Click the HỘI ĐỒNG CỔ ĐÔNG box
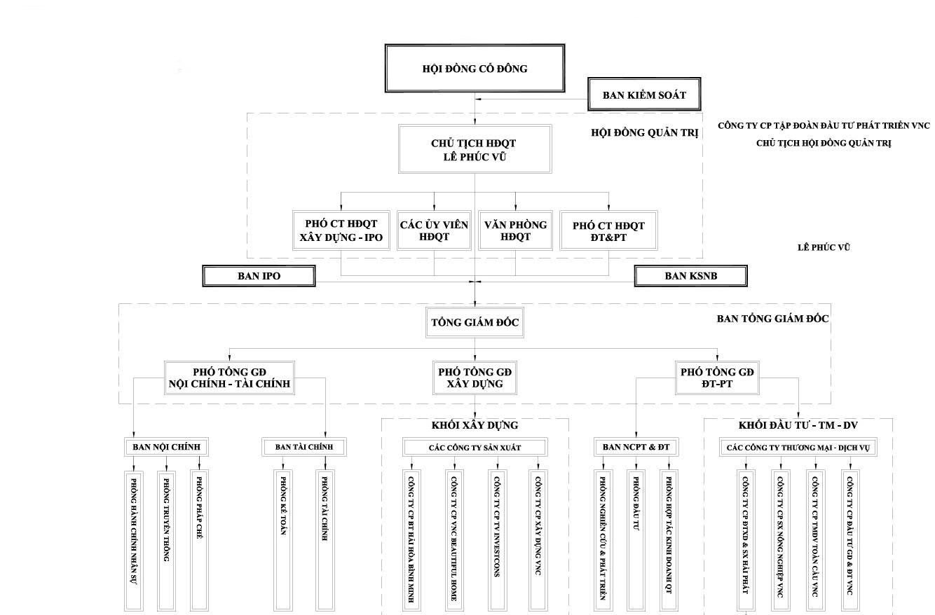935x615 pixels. [475, 69]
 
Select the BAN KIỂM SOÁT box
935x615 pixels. [644, 95]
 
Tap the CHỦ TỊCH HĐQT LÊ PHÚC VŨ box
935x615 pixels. [475, 149]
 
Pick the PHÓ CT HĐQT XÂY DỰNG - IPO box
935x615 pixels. [341, 230]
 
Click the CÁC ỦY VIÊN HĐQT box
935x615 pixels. [434, 230]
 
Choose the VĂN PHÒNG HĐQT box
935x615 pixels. [515, 230]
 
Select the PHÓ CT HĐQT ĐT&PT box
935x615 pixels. [608, 230]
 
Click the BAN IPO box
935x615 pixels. [259, 276]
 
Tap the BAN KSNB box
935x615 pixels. [690, 276]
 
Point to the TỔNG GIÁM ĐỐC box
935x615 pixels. [475, 323]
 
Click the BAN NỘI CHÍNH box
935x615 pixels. [167, 447]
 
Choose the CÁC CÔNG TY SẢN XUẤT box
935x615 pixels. [475, 447]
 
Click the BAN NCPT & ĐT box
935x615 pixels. [636, 447]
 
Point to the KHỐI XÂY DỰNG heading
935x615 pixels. [475, 425]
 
